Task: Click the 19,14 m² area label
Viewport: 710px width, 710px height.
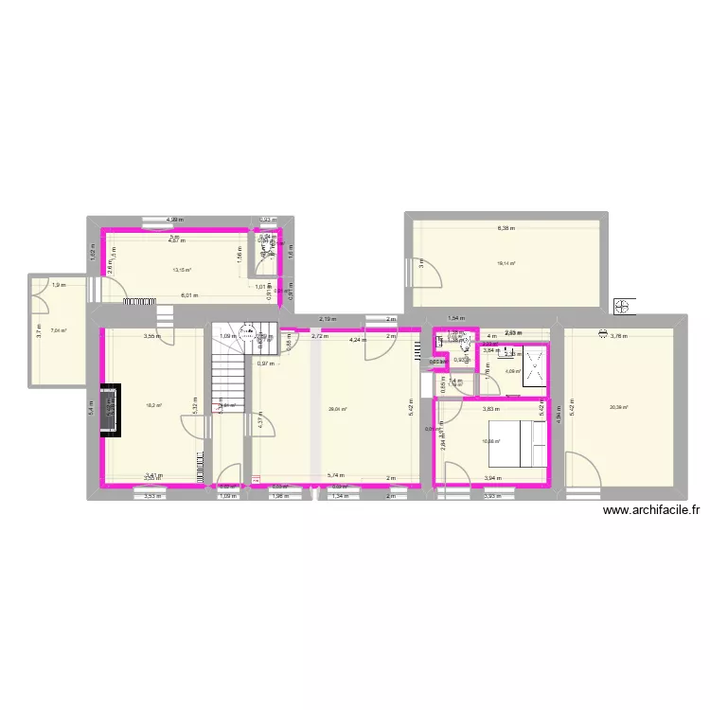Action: coord(507,263)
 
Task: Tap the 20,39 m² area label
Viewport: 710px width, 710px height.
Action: coord(620,408)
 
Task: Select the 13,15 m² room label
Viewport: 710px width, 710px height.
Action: coord(182,270)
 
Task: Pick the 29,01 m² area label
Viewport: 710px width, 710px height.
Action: coord(337,409)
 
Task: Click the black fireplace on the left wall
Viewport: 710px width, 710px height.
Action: coord(112,410)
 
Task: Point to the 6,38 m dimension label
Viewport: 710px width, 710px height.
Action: coord(507,228)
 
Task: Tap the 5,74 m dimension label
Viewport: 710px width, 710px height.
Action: coord(335,476)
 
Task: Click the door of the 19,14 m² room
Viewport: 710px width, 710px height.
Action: coord(425,272)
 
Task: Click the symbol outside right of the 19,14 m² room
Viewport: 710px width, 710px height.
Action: coord(623,306)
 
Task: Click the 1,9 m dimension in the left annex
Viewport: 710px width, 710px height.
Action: coord(59,285)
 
